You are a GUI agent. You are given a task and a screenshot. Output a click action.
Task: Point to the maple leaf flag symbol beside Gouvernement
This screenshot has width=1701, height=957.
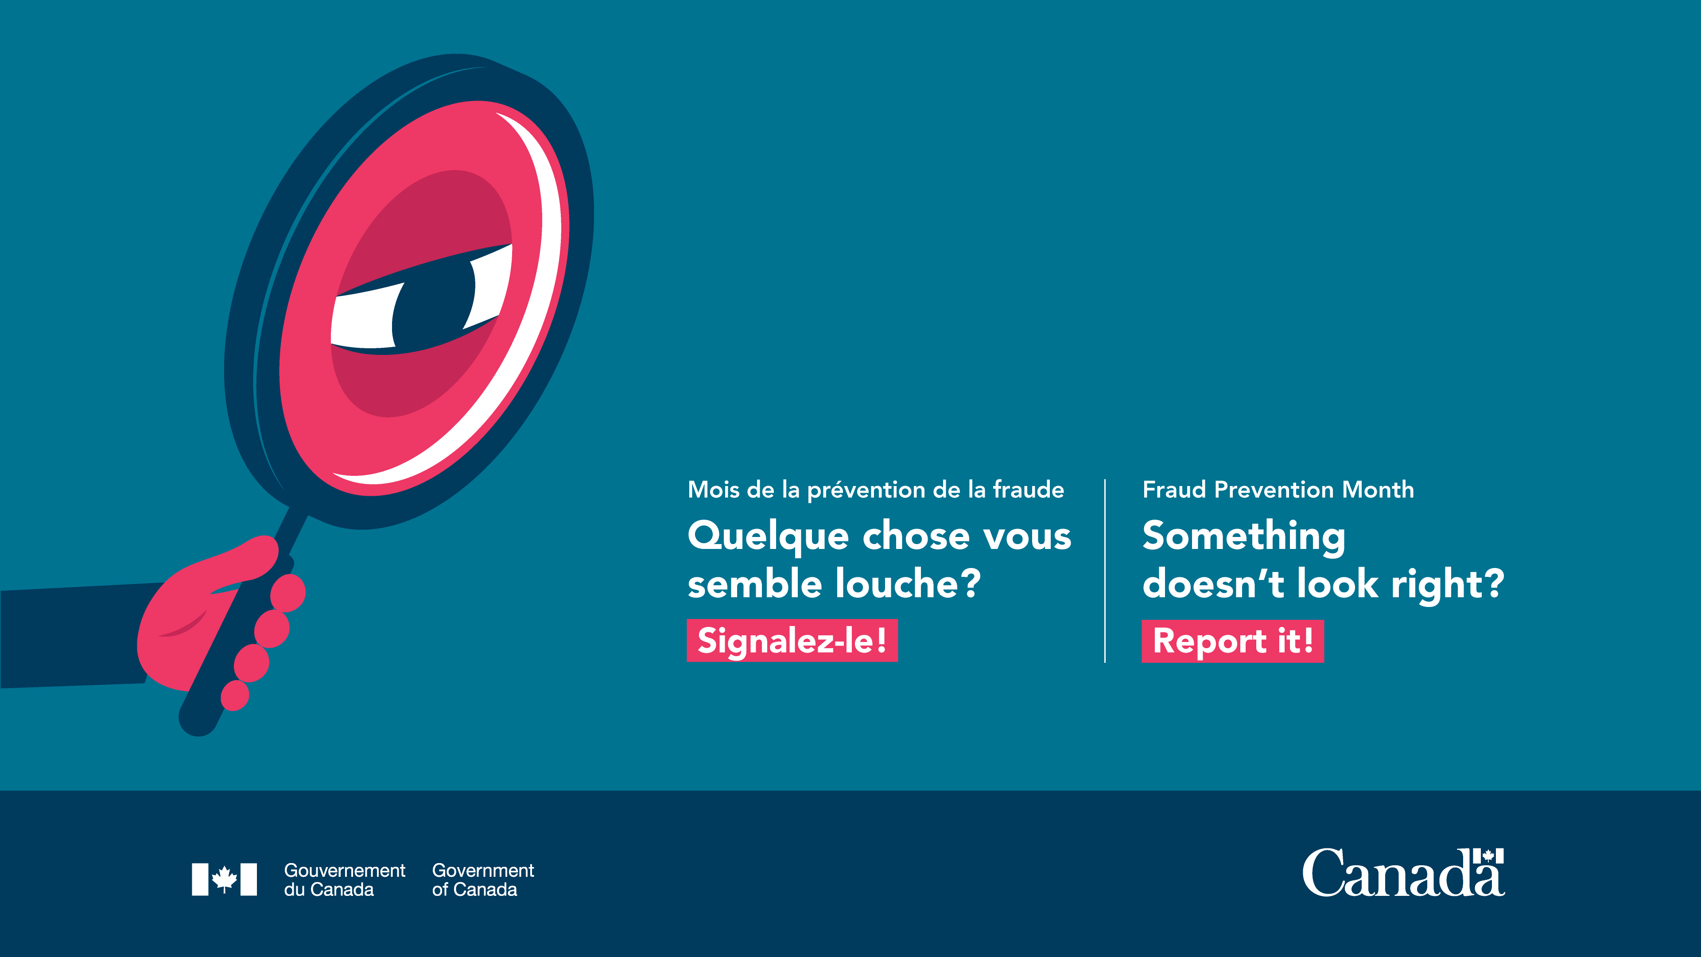click(x=224, y=879)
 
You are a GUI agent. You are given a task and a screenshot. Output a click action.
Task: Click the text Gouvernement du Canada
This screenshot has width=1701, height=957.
click(x=344, y=880)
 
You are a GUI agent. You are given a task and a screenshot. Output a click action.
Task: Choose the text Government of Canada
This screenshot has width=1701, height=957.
click(x=483, y=880)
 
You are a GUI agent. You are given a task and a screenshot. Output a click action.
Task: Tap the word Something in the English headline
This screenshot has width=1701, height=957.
click(x=1243, y=536)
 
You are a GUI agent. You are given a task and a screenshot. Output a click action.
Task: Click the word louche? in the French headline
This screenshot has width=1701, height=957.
click(x=908, y=584)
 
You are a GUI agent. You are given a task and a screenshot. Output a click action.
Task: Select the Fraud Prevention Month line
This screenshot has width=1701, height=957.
click(x=1278, y=490)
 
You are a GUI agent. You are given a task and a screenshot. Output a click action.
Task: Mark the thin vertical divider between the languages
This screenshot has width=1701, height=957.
click(x=1105, y=571)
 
